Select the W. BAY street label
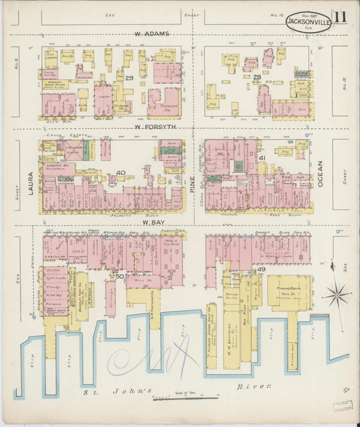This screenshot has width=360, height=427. pos(151,221)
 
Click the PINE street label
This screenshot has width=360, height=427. pos(191,182)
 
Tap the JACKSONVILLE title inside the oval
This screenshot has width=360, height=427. pos(308,22)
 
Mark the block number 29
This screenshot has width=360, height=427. pos(128,78)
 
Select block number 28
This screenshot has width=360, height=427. pos(257,77)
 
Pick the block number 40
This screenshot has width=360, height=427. pos(120,173)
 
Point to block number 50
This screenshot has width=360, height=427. pos(120,276)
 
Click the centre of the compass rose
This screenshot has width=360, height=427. pos(336,295)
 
